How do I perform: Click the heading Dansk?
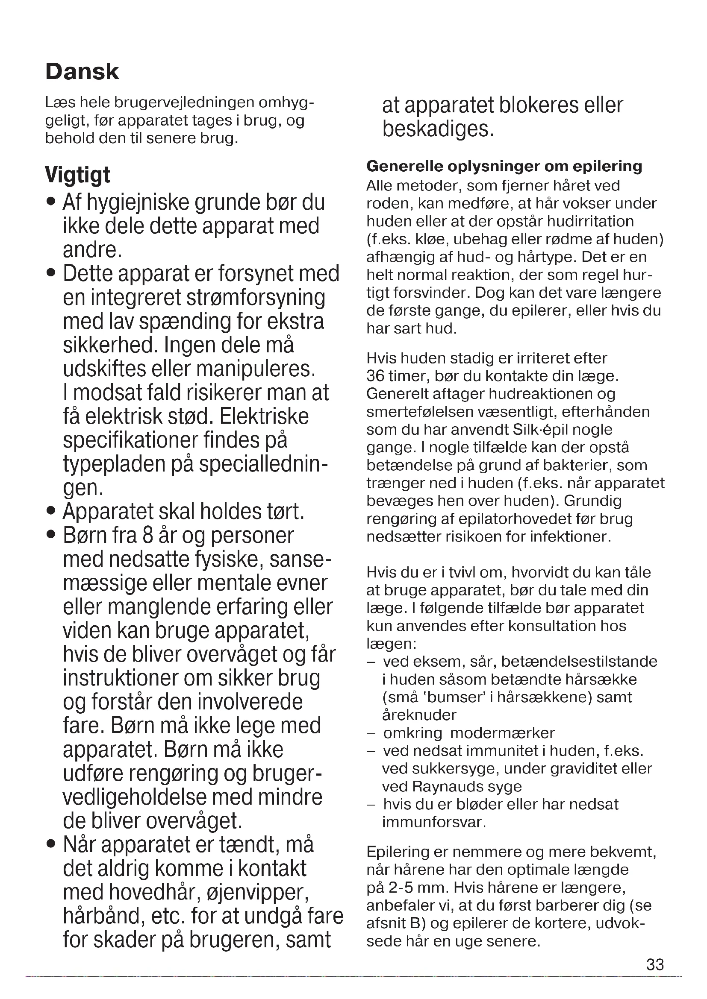tap(82, 72)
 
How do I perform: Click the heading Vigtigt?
tap(77, 175)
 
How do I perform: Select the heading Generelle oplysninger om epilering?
tap(504, 166)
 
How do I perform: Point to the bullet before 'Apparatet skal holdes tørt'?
tap(52, 511)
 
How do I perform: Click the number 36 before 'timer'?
tap(376, 376)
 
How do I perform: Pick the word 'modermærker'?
tap(502, 733)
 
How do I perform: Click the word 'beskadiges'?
tap(438, 129)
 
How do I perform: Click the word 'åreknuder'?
tap(419, 715)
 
